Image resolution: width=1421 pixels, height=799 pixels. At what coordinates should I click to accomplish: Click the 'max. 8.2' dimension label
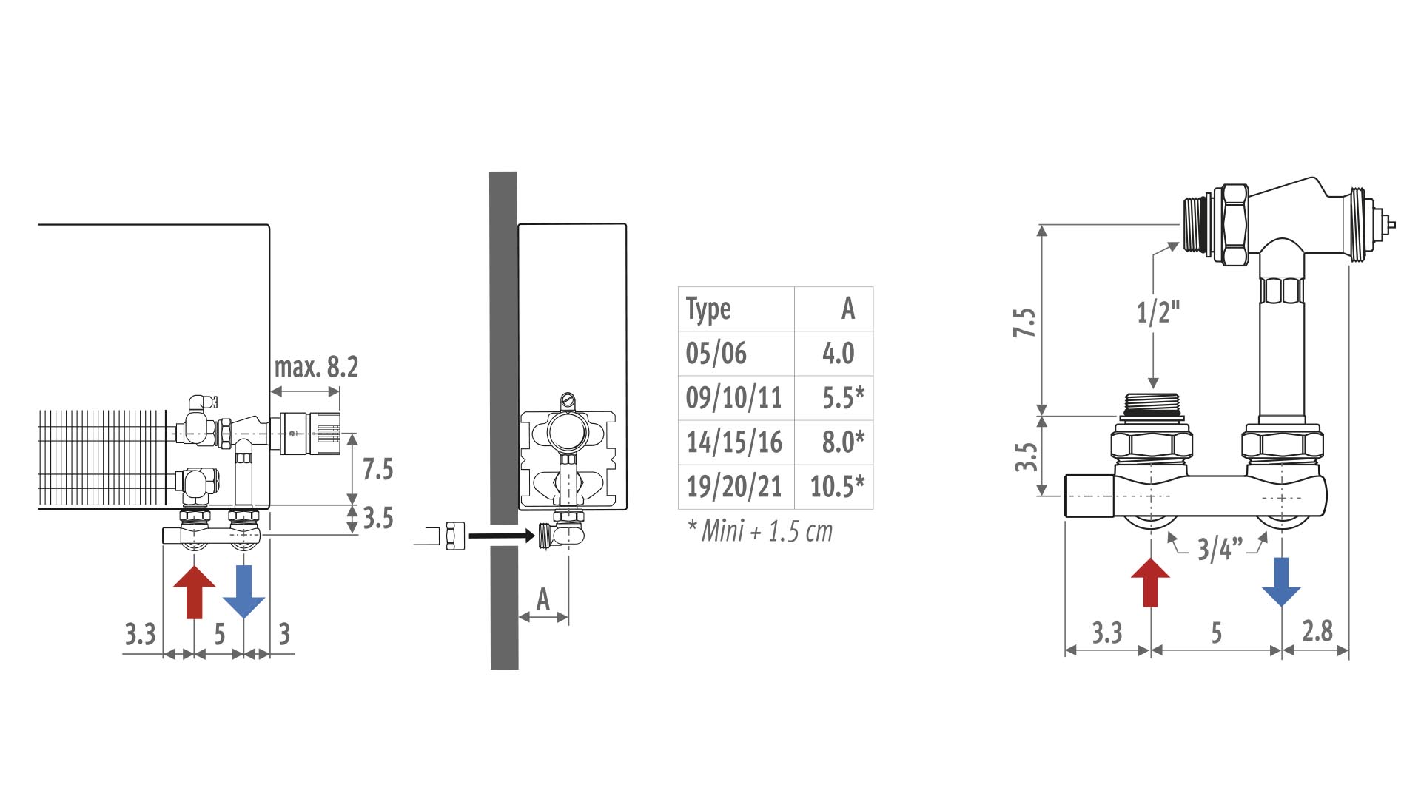tap(316, 367)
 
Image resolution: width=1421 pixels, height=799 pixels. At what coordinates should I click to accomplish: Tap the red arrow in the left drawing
tap(194, 592)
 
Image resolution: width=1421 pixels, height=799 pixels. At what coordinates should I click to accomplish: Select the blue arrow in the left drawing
tap(243, 592)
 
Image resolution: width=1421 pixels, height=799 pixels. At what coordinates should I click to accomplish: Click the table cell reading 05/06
tap(716, 354)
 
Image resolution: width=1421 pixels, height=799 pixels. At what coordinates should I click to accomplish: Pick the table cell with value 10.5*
tap(837, 487)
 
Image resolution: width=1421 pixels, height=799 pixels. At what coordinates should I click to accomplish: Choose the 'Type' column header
tap(708, 309)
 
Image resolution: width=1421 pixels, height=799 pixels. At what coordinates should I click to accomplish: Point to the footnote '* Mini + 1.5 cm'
tap(760, 531)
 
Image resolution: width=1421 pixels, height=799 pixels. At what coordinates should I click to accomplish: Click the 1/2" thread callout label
tap(1158, 312)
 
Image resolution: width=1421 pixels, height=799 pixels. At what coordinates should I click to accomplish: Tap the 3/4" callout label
tap(1220, 549)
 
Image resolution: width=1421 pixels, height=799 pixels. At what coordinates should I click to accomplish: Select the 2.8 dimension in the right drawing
tap(1317, 631)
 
